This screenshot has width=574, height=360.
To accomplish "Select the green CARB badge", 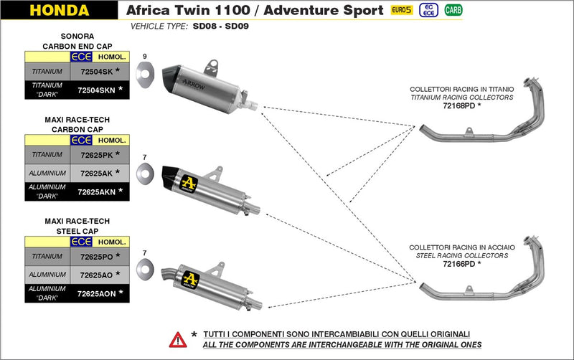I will coord(453,10).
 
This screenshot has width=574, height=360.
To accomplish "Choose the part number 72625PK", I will coord(95,154).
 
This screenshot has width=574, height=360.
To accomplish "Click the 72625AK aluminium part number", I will coord(95,173).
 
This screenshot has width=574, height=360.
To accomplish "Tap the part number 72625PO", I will coord(95,256).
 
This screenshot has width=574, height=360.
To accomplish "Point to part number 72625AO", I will coord(95,275).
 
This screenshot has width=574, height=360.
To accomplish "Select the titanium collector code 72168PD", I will coord(460,105).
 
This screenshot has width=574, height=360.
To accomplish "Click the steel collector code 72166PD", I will coord(460,264).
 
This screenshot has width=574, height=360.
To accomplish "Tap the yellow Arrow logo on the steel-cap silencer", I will coord(190,278).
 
